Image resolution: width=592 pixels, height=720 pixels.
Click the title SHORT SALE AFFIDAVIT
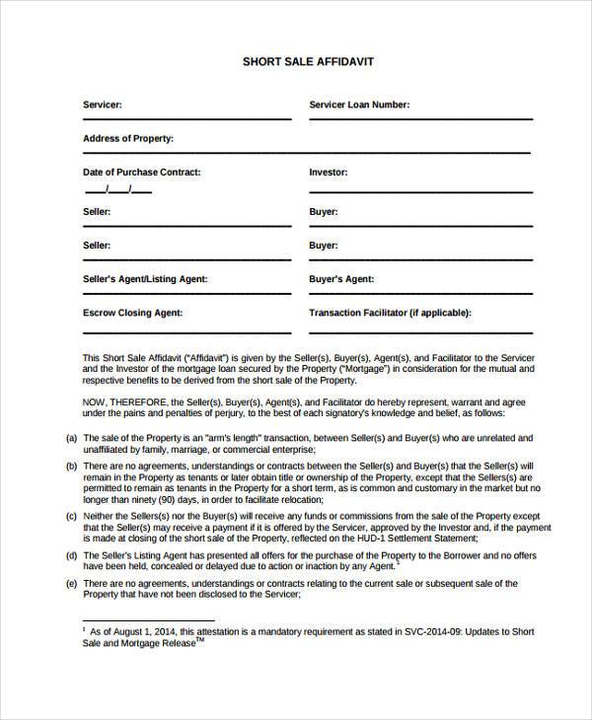[x=308, y=61]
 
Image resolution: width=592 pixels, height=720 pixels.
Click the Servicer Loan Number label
[x=359, y=104]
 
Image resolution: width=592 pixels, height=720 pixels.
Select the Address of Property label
[x=127, y=137]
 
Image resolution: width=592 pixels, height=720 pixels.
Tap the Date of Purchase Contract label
[x=141, y=172]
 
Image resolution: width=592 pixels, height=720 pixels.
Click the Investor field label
[x=329, y=172]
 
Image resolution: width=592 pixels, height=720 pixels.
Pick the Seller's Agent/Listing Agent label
[x=145, y=279]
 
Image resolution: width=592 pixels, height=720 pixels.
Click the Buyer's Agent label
[x=342, y=279]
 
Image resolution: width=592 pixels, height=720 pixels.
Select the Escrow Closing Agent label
[x=132, y=313]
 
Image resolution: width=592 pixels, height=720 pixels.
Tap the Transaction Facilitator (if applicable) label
[x=391, y=313]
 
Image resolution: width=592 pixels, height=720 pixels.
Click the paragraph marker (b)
[x=71, y=465]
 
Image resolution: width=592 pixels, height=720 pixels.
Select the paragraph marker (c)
[x=71, y=515]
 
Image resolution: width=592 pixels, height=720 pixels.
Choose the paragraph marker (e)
[x=71, y=584]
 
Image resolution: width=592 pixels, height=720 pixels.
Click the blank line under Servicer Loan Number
[x=414, y=119]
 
